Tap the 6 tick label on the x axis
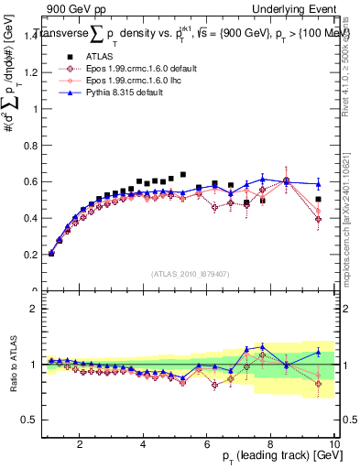[207, 444]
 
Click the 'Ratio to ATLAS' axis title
[14, 365]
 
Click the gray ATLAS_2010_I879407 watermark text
[191, 274]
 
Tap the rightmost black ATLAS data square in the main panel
[318, 199]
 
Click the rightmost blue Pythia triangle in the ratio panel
[318, 352]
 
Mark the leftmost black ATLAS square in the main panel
[50, 253]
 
